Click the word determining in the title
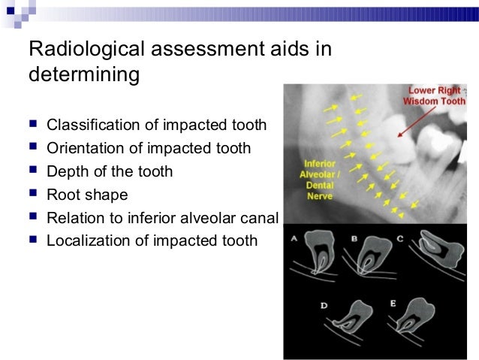[x=83, y=76]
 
